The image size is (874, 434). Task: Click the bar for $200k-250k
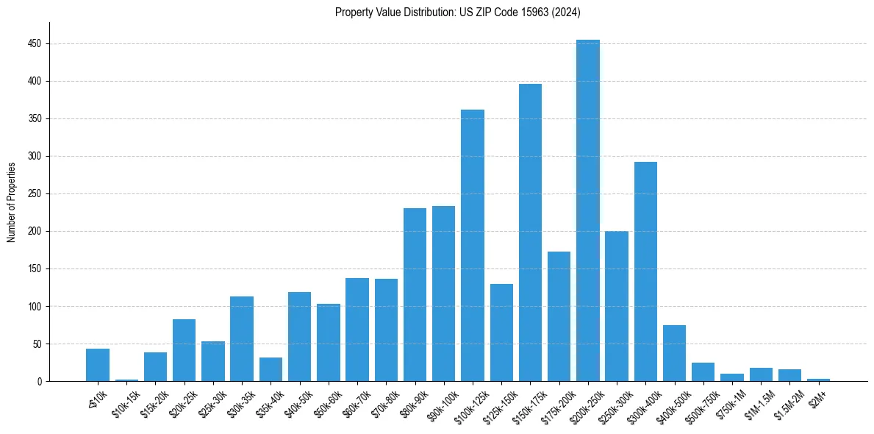click(x=588, y=210)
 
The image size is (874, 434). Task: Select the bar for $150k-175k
click(x=530, y=232)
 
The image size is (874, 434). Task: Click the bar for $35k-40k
click(x=271, y=369)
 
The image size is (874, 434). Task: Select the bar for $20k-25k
click(x=185, y=350)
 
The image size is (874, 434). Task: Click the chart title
click(x=458, y=12)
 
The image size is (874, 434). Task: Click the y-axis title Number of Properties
click(x=12, y=202)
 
